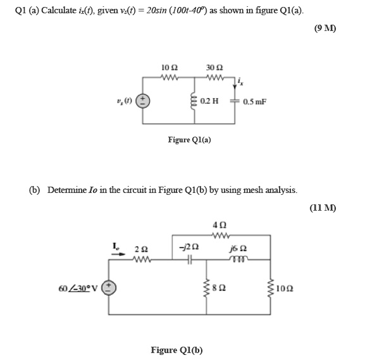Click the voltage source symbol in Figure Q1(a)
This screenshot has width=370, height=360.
(x=144, y=101)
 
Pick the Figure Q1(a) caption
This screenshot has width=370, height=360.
(x=189, y=139)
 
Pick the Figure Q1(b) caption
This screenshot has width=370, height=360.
(x=176, y=349)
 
